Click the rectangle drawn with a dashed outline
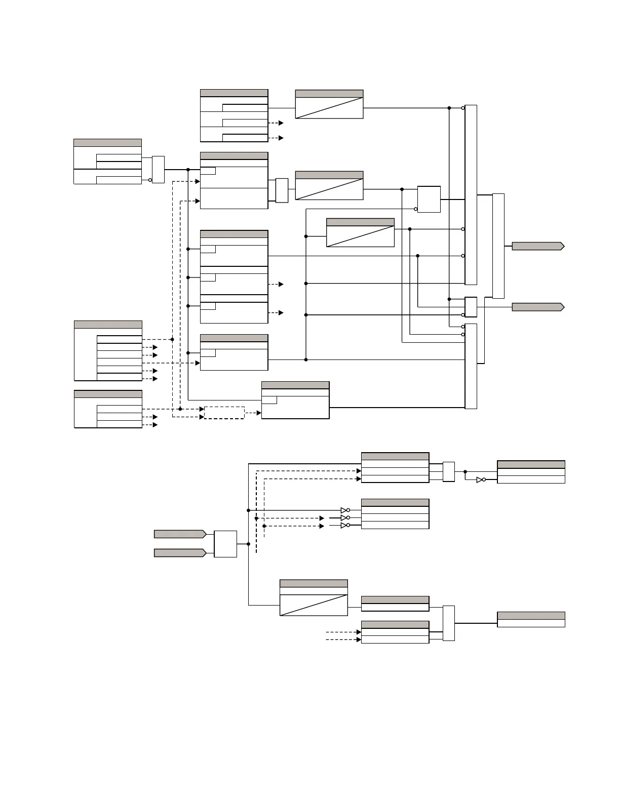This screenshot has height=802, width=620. coord(224,412)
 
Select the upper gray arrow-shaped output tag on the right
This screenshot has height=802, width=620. coord(537,246)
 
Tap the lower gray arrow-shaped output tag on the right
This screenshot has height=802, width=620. coord(537,307)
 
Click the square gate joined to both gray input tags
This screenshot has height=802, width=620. coord(225,544)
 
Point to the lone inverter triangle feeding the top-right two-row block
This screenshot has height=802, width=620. coord(480,479)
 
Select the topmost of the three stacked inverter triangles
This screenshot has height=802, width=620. coord(344,510)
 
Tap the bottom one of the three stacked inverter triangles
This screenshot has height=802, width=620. coord(344,526)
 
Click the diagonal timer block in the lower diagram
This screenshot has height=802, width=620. coord(314,605)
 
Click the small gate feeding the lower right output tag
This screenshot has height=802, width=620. coord(471,306)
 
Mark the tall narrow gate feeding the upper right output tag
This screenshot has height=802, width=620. coord(498,246)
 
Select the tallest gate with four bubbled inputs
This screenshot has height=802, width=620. coord(471,195)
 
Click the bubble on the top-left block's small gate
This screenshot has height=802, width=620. coord(150,180)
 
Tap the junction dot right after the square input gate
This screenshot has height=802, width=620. coord(248,544)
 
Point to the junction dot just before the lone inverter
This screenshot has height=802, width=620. coord(465,471)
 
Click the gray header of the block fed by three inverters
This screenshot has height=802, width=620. coord(395,503)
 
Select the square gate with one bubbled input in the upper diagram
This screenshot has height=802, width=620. coord(429,199)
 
